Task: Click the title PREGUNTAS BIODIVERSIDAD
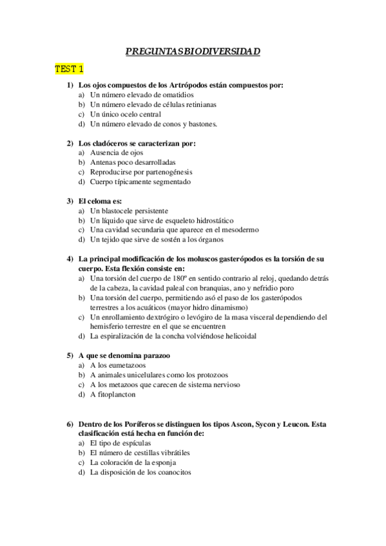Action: [x=193, y=52]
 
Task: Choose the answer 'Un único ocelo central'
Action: [x=127, y=114]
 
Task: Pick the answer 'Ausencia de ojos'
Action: [x=117, y=153]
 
